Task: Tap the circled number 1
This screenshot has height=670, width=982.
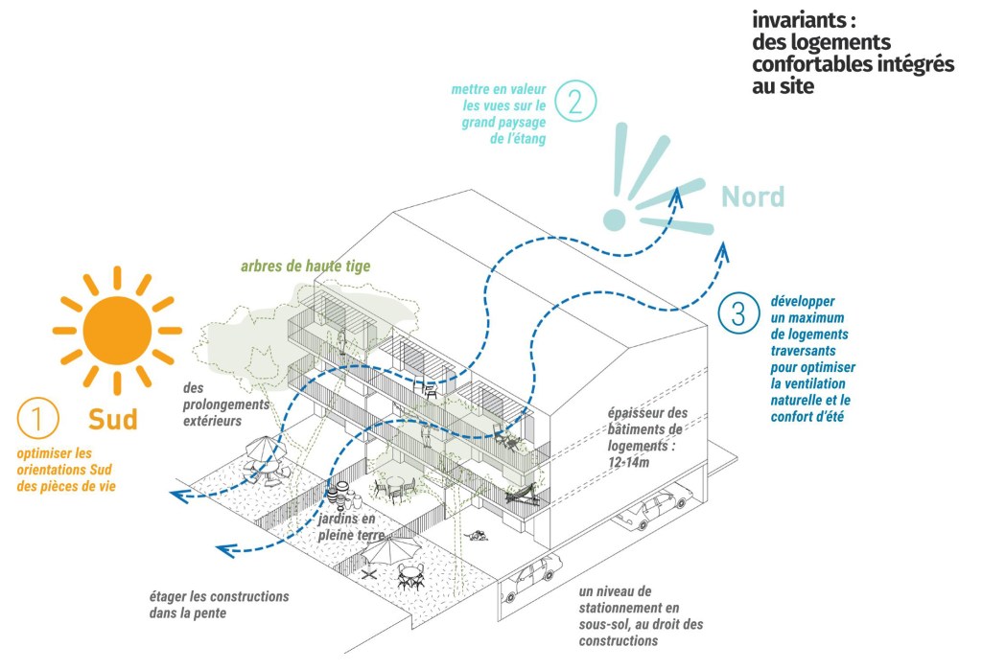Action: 38,418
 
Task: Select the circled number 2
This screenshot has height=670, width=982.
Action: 575,101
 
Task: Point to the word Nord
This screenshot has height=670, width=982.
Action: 753,197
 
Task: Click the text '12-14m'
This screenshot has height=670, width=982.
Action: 627,462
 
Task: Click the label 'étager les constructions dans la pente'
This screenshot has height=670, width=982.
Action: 219,604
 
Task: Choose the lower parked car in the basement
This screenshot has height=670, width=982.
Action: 532,575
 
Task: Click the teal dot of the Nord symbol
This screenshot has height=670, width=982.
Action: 614,219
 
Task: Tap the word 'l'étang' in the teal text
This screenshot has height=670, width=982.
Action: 526,139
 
